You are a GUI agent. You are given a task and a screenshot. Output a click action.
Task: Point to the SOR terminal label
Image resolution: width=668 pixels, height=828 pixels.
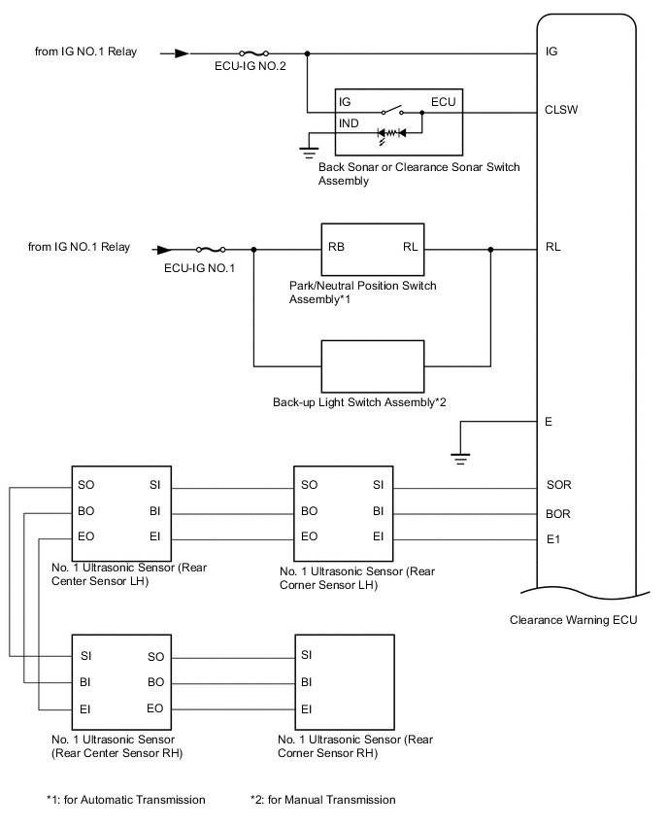click(x=559, y=484)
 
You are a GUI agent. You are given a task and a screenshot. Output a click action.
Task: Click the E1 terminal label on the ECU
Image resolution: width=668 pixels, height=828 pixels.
click(x=553, y=537)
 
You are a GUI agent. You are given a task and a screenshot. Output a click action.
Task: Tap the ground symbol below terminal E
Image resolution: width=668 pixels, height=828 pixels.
click(x=461, y=454)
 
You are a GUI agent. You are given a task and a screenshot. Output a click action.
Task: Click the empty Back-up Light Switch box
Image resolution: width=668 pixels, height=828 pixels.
click(x=373, y=366)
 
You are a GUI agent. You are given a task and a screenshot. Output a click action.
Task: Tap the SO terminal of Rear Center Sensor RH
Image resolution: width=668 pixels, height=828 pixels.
click(x=154, y=657)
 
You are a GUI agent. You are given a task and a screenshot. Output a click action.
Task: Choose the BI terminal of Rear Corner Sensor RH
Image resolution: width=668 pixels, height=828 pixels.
click(x=307, y=682)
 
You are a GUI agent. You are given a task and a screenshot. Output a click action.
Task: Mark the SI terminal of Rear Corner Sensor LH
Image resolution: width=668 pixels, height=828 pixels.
click(x=380, y=484)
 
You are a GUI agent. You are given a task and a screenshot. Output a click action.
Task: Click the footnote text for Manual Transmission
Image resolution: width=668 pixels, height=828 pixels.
click(x=323, y=800)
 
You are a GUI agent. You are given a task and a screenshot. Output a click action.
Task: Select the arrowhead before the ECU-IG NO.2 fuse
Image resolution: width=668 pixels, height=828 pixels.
click(x=182, y=53)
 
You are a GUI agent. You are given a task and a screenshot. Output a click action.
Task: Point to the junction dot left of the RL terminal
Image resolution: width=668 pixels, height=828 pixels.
click(x=490, y=249)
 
